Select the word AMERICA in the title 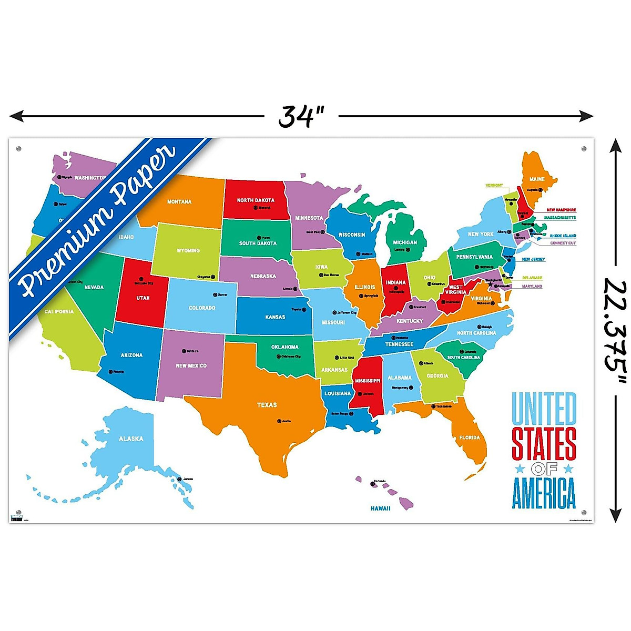[x=544, y=493]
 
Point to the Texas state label [x=267, y=405]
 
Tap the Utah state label [x=143, y=298]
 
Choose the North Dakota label [x=256, y=200]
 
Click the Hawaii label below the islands [x=380, y=508]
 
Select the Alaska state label [x=130, y=439]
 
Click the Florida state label [x=469, y=437]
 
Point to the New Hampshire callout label [x=561, y=210]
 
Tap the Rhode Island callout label [x=563, y=236]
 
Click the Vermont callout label [x=494, y=186]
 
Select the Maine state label [x=537, y=179]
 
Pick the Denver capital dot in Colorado [x=215, y=295]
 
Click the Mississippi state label [x=368, y=381]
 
